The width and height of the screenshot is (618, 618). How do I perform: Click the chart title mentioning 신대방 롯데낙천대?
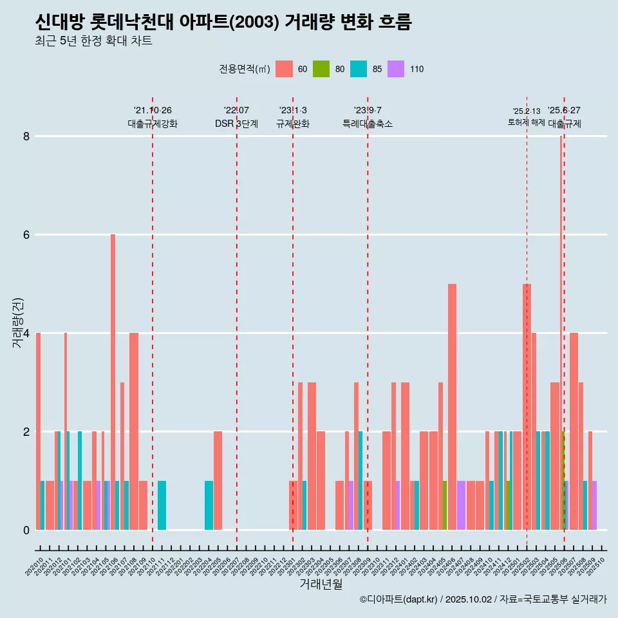coord(223,23)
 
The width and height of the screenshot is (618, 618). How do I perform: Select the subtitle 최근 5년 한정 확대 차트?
coord(93,41)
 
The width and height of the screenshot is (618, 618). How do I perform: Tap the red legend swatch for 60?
coord(284,69)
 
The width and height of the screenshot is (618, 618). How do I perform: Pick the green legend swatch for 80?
coord(321,69)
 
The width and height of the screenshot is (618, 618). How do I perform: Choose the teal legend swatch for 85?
coord(359,69)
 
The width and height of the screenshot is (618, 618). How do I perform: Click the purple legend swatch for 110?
coord(396,69)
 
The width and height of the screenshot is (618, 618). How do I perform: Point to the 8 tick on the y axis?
coord(26,136)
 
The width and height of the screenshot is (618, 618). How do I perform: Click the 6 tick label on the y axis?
coord(26,235)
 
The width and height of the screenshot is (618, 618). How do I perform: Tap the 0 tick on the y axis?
coord(26,530)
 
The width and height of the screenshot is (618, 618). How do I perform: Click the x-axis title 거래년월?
coord(321,584)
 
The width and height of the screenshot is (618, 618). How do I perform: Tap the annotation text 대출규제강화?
coord(153,124)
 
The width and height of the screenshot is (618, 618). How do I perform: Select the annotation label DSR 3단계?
coord(237,124)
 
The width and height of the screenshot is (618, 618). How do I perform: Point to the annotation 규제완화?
coord(293,124)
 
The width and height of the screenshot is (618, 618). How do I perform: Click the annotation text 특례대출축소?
coord(368,124)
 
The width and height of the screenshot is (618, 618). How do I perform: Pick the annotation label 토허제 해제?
coord(527,122)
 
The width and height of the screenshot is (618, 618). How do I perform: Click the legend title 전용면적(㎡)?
coord(245,69)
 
